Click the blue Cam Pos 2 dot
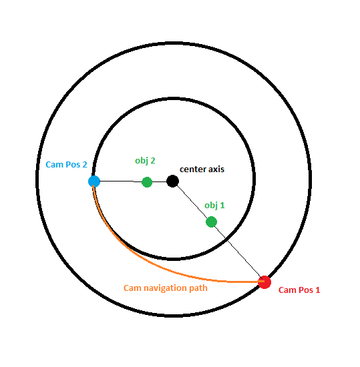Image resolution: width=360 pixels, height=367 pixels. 94,181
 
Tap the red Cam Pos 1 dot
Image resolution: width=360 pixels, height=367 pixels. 264,282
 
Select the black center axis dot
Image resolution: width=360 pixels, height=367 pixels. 172,181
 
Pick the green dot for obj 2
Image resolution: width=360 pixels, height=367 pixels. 147,182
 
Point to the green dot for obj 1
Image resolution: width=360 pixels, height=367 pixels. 211,222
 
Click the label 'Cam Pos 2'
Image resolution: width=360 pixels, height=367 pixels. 66,165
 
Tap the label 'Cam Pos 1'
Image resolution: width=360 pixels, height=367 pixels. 299,290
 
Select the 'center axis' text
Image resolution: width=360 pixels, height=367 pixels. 202,169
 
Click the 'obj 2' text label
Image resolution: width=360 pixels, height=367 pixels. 145,161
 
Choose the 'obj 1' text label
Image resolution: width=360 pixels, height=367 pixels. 214,206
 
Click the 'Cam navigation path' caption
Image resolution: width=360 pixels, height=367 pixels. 166,288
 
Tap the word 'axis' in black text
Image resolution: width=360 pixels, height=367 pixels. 216,169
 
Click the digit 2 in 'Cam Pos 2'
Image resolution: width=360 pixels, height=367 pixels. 85,165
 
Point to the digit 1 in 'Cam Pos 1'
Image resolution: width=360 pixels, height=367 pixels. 318,290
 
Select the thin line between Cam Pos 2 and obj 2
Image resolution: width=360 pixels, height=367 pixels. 121,181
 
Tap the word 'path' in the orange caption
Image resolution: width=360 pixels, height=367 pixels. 198,288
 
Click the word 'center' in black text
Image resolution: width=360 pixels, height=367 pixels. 193,169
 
